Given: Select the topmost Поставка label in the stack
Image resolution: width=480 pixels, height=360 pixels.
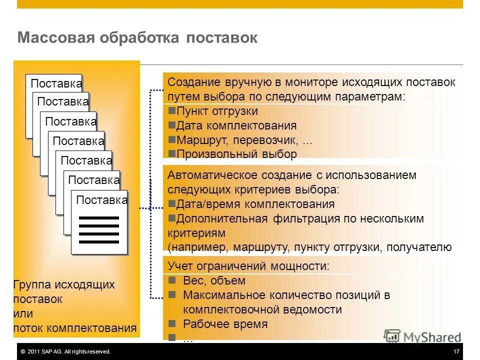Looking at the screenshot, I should click(56, 84).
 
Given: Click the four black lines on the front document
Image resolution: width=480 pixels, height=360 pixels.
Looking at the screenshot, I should click(99, 230).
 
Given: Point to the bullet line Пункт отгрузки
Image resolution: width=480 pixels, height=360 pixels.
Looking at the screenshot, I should click(216, 111).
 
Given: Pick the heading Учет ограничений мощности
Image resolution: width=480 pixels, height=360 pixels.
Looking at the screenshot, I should click(248, 266).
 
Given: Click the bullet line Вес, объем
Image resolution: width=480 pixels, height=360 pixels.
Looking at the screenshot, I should click(214, 280).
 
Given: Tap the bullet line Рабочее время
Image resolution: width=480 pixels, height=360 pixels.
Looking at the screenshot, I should click(225, 323).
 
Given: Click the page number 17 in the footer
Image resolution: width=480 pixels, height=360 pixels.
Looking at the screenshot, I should click(456, 352).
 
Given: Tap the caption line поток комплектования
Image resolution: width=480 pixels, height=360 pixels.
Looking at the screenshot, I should click(74, 328).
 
